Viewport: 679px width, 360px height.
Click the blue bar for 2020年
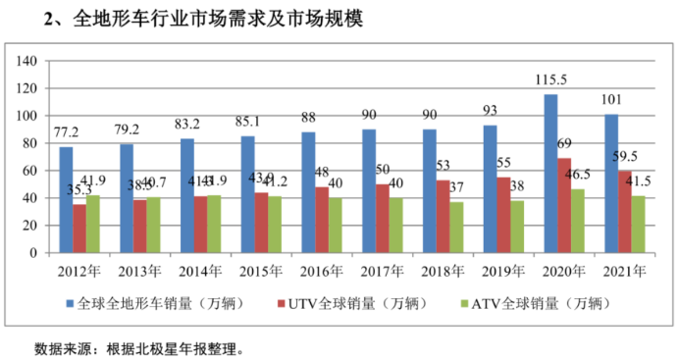(x=551, y=174)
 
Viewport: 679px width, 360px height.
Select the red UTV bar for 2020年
(x=565, y=205)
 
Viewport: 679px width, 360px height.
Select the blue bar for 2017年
(x=369, y=191)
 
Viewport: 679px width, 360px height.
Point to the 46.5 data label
(x=579, y=175)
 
